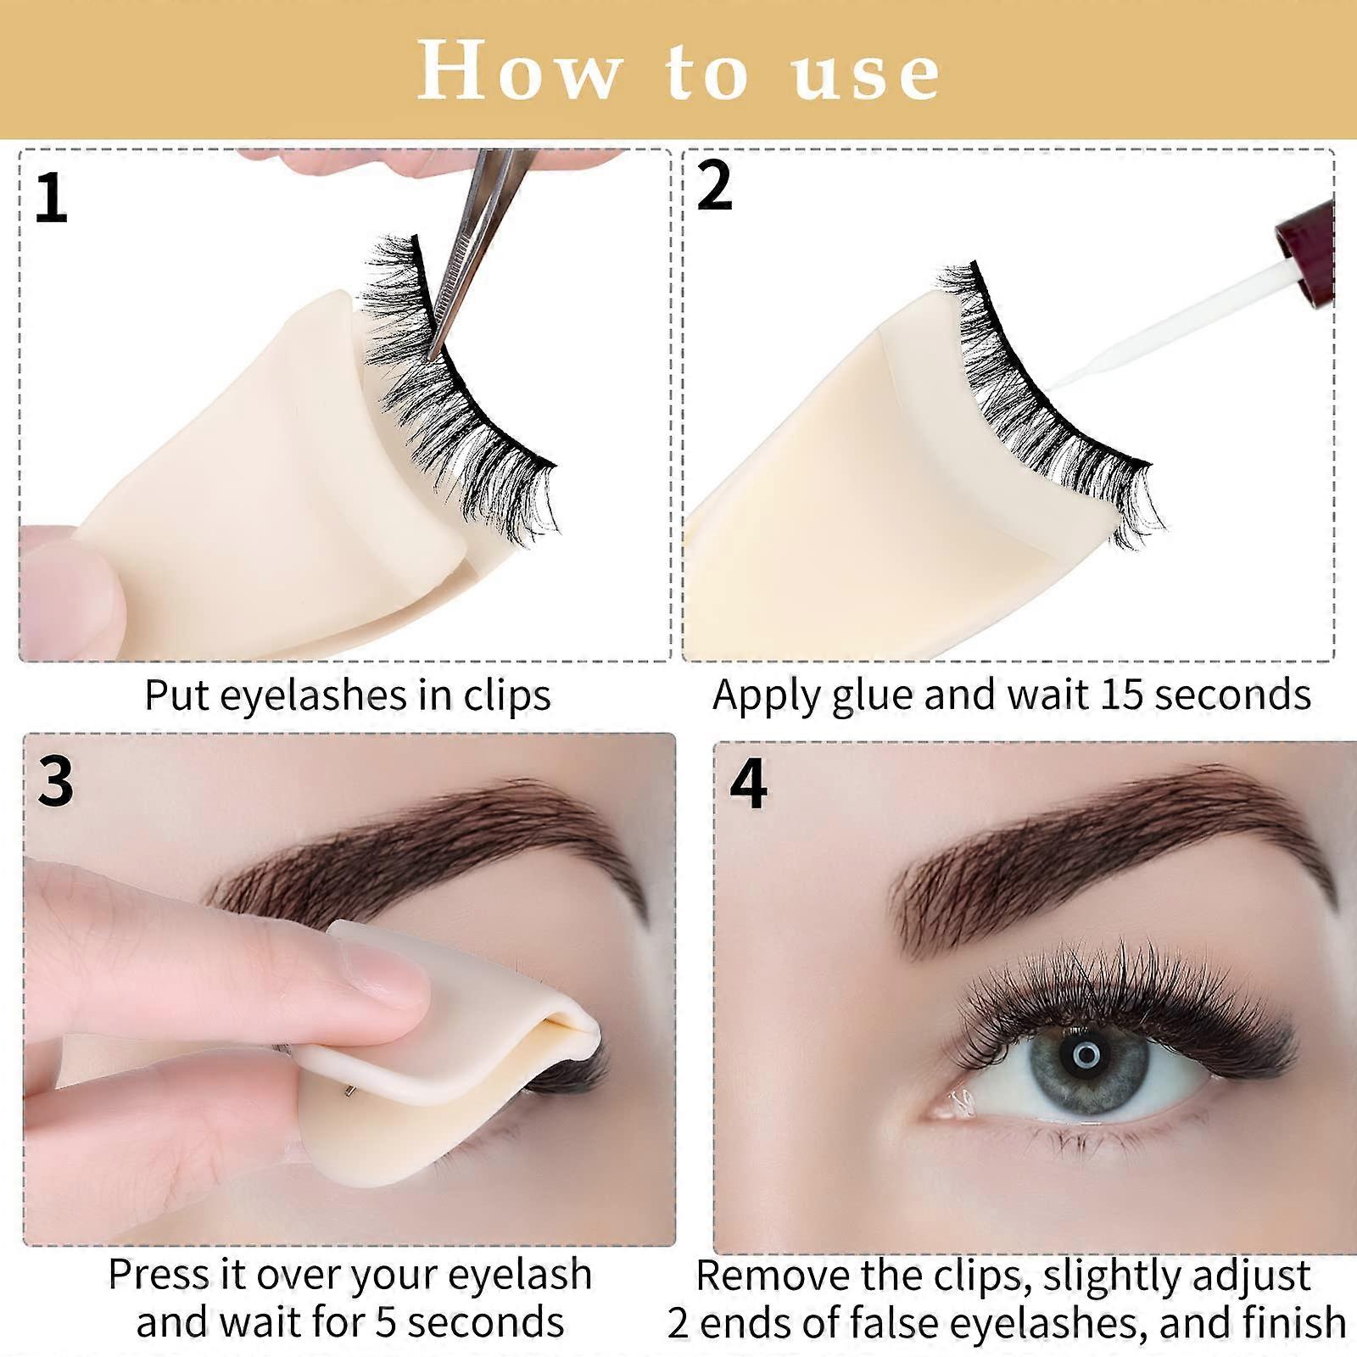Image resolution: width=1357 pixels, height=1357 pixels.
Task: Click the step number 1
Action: click(52, 198)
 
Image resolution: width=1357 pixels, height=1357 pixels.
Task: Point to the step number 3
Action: click(56, 780)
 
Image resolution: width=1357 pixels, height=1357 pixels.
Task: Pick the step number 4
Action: click(748, 784)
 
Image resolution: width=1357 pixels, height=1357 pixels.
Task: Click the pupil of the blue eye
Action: click(1086, 1055)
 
